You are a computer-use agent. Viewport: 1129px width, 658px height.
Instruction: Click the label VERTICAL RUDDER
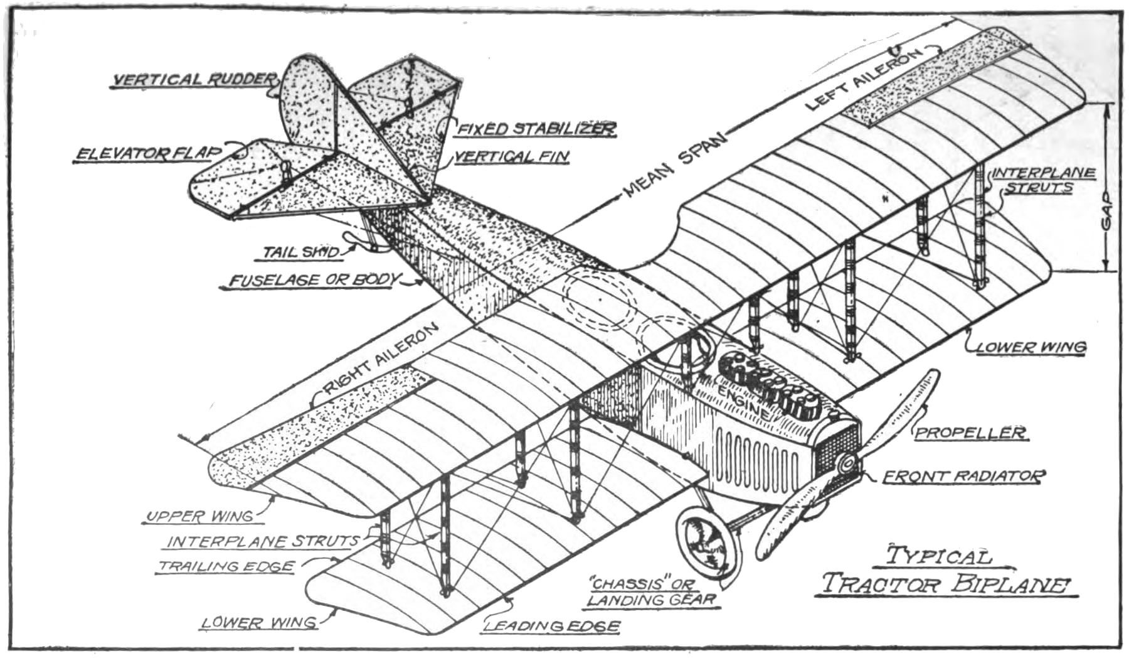tap(194, 79)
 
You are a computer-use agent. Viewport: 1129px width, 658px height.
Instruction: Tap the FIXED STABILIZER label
tap(536, 129)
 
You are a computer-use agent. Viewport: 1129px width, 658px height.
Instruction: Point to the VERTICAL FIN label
tap(511, 156)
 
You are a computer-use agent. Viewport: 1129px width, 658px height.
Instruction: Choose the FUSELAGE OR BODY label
tap(313, 280)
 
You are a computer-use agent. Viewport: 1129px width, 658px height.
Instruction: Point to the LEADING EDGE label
tap(553, 625)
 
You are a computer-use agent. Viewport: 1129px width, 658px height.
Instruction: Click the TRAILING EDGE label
tap(226, 566)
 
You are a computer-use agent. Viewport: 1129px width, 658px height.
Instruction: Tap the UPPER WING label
tap(199, 517)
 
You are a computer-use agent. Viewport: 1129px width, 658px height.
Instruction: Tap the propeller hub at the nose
tap(846, 465)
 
